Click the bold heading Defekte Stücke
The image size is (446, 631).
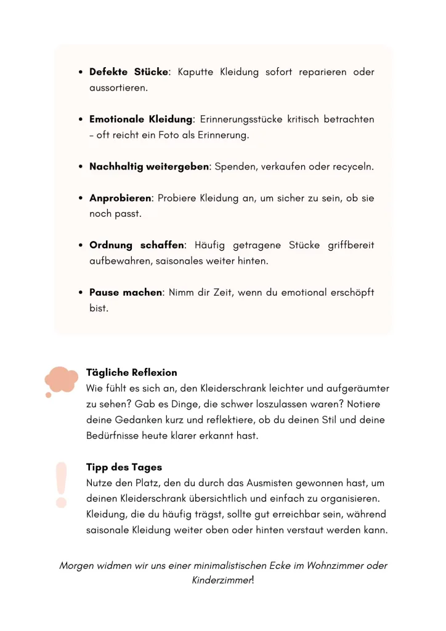[x=129, y=72]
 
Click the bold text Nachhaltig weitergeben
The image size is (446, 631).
[x=149, y=166]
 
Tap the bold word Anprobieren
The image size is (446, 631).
[x=120, y=198]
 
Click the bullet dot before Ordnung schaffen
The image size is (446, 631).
[x=81, y=245]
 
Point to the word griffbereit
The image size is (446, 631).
[x=347, y=245]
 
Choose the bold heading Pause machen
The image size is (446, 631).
[x=126, y=293]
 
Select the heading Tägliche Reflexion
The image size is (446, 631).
[x=131, y=372]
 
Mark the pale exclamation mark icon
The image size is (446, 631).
[x=61, y=484]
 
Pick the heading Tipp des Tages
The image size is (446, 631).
[x=124, y=468]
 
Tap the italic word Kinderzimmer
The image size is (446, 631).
[x=221, y=581]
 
